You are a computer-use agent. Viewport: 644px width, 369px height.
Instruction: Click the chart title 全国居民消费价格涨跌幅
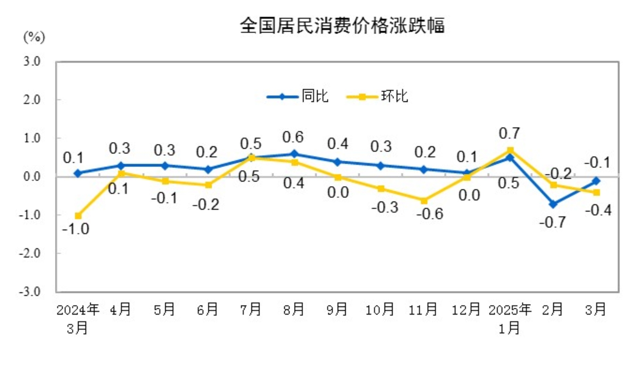[x=342, y=26]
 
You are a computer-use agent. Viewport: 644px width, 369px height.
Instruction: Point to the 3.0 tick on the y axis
[x=32, y=61]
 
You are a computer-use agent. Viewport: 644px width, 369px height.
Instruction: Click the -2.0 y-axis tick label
[x=30, y=254]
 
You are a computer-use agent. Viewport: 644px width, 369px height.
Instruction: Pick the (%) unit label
[x=34, y=37]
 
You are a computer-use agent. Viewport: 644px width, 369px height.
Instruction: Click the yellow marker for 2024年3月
[x=78, y=216]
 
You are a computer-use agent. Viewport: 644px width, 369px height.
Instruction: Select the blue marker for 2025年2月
[x=553, y=204]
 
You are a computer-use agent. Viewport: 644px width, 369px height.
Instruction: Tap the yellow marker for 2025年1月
[x=510, y=150]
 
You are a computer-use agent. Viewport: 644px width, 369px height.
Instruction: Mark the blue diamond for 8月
[x=294, y=154]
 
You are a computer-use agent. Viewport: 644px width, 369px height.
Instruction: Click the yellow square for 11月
[x=424, y=200]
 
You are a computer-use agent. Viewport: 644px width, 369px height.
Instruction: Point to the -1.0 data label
[x=76, y=229]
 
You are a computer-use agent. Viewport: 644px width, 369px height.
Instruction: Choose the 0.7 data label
[x=509, y=134]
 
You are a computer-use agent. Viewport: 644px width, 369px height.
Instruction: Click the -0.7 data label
[x=553, y=222]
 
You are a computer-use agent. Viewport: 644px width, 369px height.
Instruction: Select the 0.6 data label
[x=293, y=137]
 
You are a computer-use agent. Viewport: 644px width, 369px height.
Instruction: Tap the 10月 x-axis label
[x=380, y=310]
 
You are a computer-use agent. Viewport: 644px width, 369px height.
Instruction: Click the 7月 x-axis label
[x=250, y=310]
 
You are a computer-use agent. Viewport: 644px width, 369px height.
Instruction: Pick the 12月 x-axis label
[x=466, y=310]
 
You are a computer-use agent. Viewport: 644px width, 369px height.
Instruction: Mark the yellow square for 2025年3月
[x=596, y=192]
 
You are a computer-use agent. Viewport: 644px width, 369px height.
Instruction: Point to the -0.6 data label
[x=430, y=214]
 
